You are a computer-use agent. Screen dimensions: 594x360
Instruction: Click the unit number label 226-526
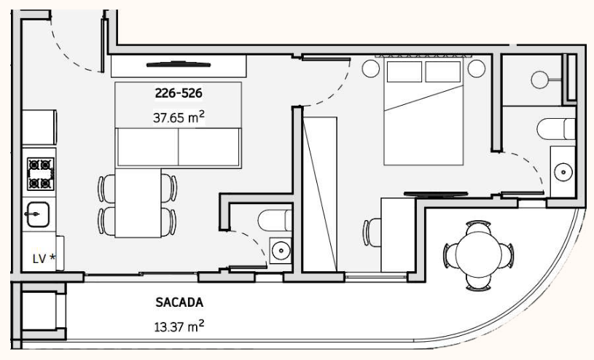[x=179, y=93]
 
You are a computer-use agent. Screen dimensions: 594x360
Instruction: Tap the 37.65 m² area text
[x=179, y=117]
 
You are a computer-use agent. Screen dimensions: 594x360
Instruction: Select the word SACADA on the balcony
[x=179, y=302]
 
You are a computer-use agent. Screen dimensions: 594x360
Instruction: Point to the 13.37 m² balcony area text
[x=179, y=326]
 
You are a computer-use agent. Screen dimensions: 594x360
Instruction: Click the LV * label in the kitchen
[x=44, y=259]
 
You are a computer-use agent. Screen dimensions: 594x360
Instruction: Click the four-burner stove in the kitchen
[x=40, y=174]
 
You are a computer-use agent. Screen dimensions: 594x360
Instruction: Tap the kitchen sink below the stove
[x=38, y=214]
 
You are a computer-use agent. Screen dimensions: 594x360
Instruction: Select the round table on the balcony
[x=478, y=255]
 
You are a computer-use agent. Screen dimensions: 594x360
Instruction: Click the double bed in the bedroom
[x=423, y=111]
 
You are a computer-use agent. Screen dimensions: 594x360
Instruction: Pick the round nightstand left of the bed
[x=370, y=69]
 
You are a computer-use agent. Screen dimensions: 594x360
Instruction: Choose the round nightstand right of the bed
[x=476, y=69]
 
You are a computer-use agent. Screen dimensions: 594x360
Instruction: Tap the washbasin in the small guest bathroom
[x=281, y=250]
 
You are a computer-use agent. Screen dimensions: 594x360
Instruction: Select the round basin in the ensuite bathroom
[x=563, y=172]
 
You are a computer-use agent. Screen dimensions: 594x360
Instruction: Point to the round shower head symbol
[x=540, y=80]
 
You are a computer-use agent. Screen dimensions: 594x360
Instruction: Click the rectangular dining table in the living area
[x=138, y=203]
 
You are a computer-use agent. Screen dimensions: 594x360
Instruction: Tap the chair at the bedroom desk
[x=372, y=232]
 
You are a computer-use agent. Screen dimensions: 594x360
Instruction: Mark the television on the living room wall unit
[x=179, y=64]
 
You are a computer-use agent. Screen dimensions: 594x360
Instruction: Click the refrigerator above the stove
[x=39, y=128]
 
